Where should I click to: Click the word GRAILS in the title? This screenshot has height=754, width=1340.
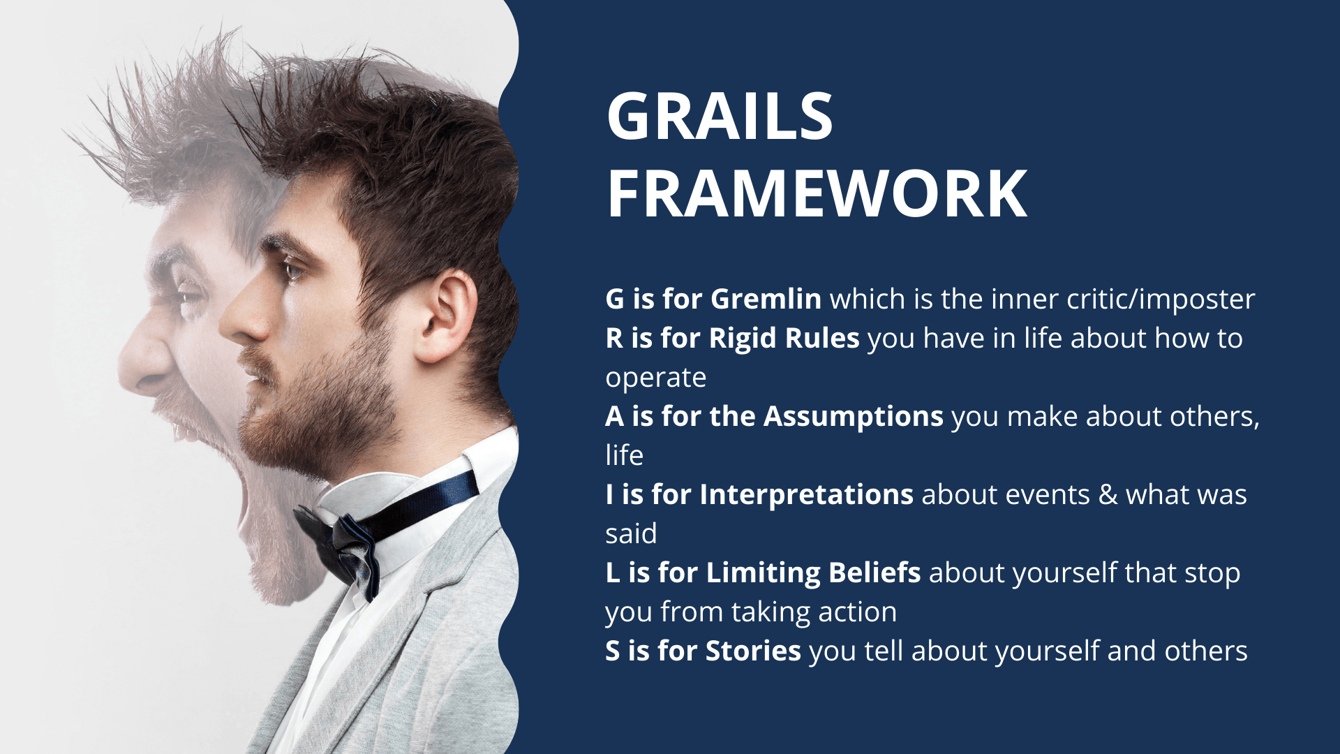(x=720, y=116)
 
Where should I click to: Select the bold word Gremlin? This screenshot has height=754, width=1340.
(x=766, y=299)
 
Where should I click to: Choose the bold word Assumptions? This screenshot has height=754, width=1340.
(x=854, y=417)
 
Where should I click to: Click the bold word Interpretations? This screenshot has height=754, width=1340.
(x=806, y=494)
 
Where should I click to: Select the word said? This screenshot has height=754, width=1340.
(x=631, y=533)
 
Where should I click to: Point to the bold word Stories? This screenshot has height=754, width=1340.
(x=753, y=651)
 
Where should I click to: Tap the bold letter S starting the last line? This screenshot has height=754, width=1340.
(x=613, y=651)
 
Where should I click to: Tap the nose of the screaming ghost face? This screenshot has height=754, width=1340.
(x=143, y=363)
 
